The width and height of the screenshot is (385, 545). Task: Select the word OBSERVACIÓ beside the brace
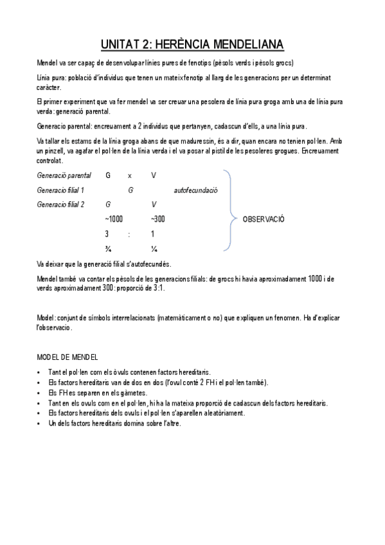264,219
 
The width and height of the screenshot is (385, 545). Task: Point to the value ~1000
114,219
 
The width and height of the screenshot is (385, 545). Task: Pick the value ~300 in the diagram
157,219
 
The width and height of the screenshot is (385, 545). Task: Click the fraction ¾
108,249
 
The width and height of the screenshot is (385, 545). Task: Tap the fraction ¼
154,249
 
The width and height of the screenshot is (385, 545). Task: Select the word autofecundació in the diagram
195,190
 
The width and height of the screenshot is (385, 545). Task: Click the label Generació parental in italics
64,175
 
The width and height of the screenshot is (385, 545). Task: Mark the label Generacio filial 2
61,204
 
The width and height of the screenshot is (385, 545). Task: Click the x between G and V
130,175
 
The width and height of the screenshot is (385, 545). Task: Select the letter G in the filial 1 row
130,190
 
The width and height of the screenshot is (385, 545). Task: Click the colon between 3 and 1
130,234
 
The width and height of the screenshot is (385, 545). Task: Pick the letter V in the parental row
153,175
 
